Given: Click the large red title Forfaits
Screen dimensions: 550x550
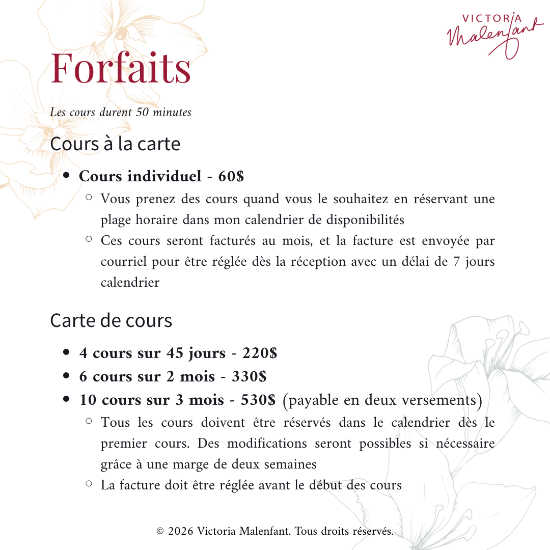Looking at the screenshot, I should [121, 68].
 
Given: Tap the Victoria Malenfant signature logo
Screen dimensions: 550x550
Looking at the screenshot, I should [491, 33].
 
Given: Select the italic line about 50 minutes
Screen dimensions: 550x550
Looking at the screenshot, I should [121, 112].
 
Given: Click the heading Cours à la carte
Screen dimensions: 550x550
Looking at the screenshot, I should [115, 144].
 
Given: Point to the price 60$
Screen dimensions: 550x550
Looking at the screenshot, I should [231, 176].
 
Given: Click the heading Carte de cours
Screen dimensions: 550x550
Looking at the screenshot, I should [111, 321].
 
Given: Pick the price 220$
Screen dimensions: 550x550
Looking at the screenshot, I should [260, 353].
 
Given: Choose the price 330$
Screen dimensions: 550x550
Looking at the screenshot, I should [249, 376].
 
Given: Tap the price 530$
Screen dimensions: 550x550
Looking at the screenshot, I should [258, 400].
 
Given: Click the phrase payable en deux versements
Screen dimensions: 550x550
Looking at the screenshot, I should [382, 400].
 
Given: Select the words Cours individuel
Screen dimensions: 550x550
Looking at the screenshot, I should [141, 176].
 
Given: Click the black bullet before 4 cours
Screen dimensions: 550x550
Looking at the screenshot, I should [66, 352].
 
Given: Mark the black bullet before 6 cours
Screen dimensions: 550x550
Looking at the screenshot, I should [66, 376].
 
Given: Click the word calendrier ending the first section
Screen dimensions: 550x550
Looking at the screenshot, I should [130, 283].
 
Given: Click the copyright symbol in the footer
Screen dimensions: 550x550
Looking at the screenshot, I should [160, 532].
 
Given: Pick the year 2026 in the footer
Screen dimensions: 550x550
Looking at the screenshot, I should [180, 532].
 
